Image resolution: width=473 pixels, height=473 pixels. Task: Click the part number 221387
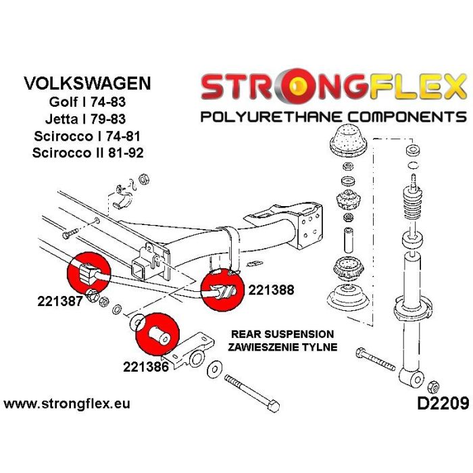pos(59,302)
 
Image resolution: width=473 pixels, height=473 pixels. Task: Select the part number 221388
pos(271,291)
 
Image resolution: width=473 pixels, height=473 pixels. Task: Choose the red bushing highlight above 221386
pos(155,332)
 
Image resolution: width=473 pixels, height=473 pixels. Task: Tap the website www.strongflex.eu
pos(67,405)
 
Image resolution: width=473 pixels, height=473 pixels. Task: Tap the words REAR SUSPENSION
pos(282,334)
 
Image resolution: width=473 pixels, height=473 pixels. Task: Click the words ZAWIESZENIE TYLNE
pos(282,347)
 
